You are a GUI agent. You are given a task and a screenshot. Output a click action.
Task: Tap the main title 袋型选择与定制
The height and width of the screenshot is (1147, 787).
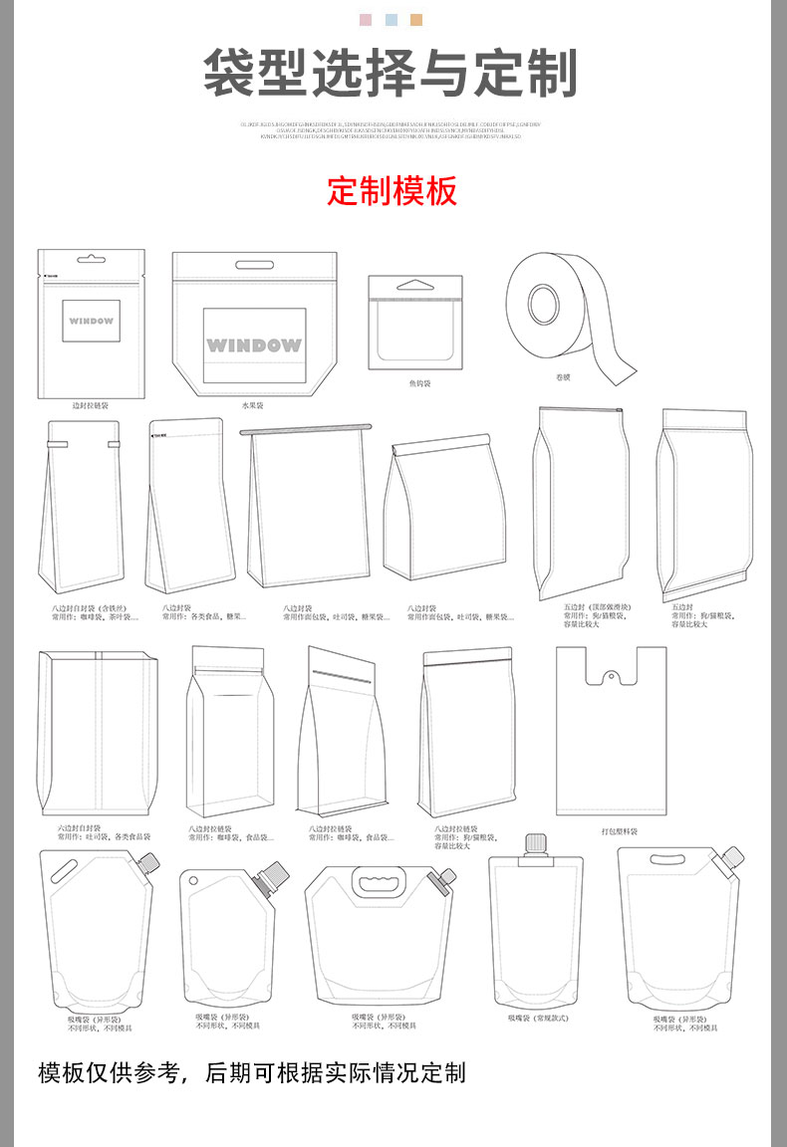pyautogui.click(x=392, y=73)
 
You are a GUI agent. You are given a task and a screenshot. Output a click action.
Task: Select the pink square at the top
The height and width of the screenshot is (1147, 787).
pyautogui.click(x=365, y=20)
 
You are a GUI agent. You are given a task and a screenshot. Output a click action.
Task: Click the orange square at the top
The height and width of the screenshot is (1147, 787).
pyautogui.click(x=416, y=20)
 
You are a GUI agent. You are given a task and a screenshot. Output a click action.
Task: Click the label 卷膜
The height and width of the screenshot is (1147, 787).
pyautogui.click(x=563, y=377)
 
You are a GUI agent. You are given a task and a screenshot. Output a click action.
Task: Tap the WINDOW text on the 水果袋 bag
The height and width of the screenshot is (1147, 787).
pyautogui.click(x=253, y=345)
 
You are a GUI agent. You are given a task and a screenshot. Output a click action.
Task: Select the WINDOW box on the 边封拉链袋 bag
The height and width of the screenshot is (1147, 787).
pyautogui.click(x=91, y=322)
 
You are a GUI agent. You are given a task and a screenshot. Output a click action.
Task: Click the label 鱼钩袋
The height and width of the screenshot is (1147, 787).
pyautogui.click(x=418, y=382)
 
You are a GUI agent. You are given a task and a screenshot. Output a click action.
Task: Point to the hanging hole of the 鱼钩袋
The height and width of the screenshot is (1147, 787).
pyautogui.click(x=415, y=285)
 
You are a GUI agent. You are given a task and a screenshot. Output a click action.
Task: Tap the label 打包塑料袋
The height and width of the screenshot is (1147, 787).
pyautogui.click(x=619, y=831)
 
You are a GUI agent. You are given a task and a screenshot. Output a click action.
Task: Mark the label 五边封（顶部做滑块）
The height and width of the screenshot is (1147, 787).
pyautogui.click(x=597, y=606)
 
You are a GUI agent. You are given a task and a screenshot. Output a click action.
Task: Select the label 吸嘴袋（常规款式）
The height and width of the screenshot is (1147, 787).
pyautogui.click(x=537, y=1018)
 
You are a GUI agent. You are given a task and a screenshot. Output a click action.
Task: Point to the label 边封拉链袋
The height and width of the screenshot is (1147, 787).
pyautogui.click(x=90, y=406)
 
